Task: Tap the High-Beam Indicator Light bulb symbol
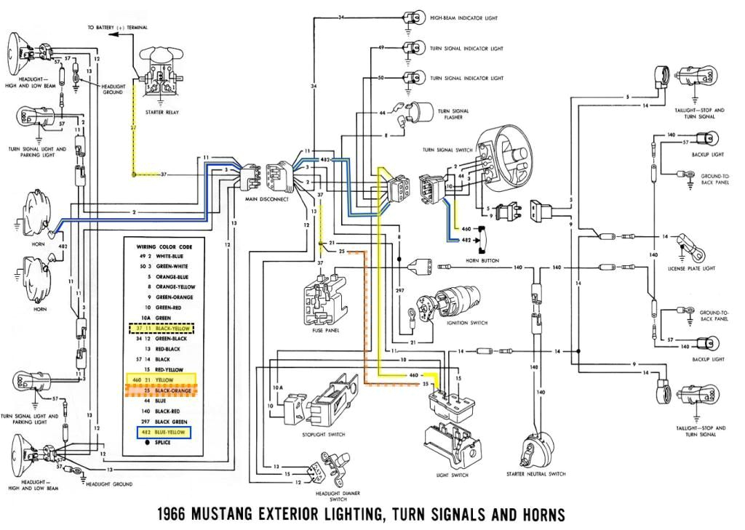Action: point(413,17)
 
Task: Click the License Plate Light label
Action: point(691,268)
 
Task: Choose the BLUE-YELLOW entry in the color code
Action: point(167,432)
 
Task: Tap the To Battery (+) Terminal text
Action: point(118,28)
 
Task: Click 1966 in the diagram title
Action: point(177,515)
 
